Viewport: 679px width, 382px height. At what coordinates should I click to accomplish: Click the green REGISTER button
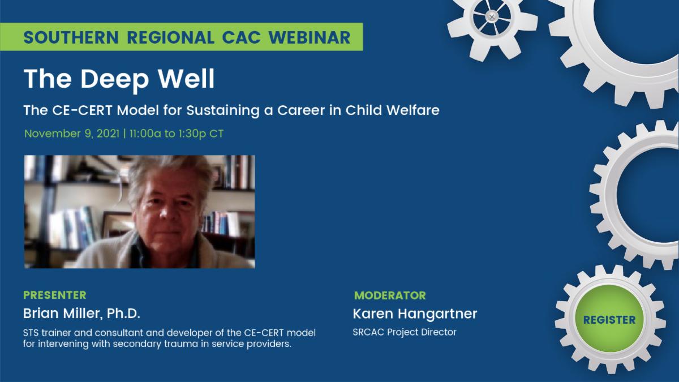tap(609, 320)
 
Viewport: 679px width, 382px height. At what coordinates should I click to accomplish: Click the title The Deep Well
tap(119, 79)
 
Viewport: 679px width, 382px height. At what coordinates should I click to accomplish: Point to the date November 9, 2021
tap(72, 134)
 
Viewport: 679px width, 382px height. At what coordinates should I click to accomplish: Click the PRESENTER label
tap(55, 295)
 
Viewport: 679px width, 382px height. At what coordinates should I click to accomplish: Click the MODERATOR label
tap(390, 295)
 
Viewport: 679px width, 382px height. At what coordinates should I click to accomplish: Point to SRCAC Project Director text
tap(404, 332)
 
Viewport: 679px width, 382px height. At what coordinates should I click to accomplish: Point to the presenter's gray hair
tap(164, 173)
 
